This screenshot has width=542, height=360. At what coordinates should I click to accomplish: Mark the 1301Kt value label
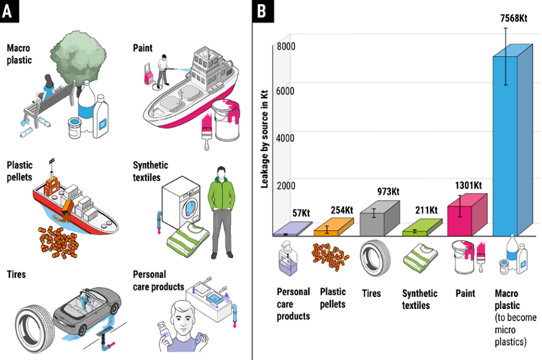point(468,186)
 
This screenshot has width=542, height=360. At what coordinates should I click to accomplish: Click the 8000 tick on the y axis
point(286,46)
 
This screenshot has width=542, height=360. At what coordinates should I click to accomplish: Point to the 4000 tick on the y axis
point(286,138)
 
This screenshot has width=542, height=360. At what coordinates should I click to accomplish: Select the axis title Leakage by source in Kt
point(265,135)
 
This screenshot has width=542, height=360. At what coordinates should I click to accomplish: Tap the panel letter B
point(261,12)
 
